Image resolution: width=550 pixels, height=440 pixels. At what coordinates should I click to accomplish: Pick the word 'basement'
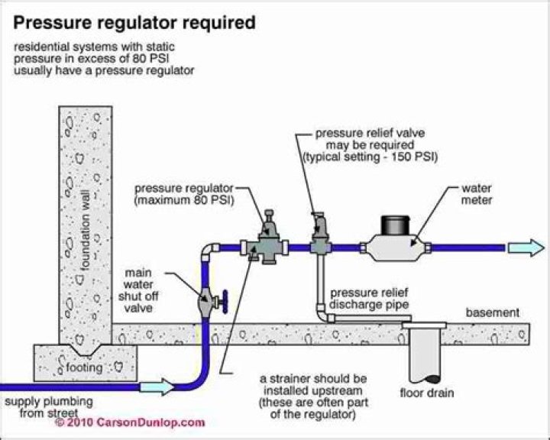(493, 313)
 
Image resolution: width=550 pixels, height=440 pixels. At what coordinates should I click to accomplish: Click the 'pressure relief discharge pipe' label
(370, 299)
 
